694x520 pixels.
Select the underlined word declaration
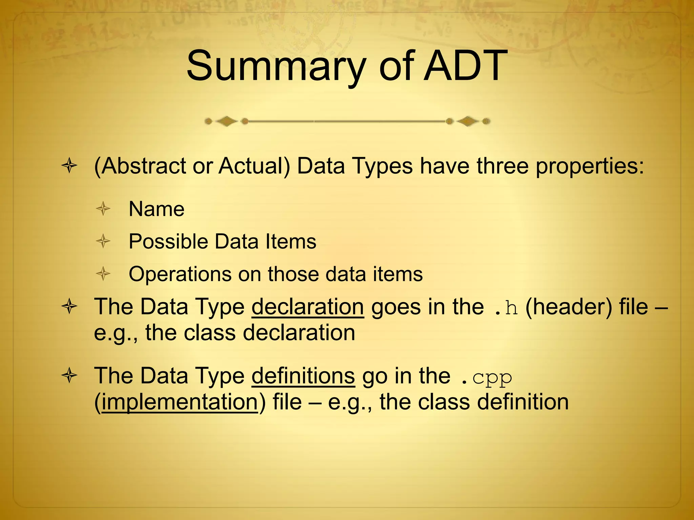(308, 307)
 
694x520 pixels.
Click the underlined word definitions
(303, 376)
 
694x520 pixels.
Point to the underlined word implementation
(180, 402)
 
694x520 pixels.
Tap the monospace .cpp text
(487, 377)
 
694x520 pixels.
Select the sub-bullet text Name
(157, 209)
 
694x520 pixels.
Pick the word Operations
(180, 274)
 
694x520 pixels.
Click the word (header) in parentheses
(569, 307)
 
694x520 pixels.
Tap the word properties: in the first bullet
(590, 167)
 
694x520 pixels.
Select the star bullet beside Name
(103, 209)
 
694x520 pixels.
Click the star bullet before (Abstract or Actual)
(69, 166)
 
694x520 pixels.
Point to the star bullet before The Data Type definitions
(69, 376)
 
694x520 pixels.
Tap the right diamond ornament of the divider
(468, 121)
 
